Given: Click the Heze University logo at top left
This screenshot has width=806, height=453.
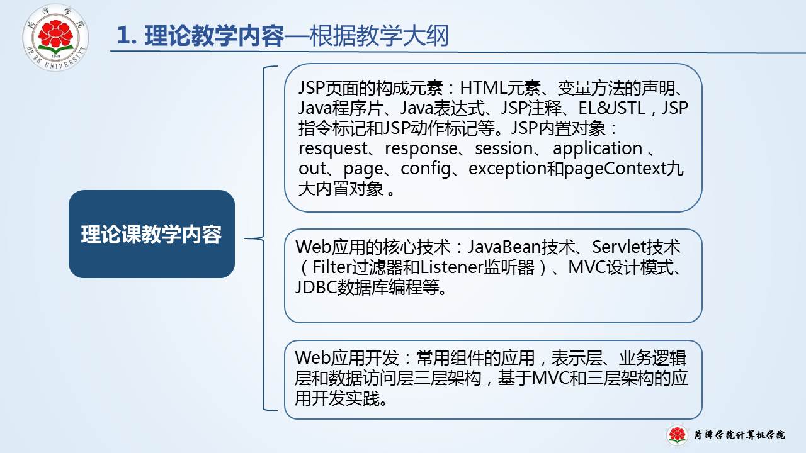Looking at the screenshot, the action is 55,37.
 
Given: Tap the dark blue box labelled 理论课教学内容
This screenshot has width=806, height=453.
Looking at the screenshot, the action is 152,234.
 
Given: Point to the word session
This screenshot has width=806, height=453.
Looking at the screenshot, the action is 504,148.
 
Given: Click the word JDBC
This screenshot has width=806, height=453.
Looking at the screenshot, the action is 315,288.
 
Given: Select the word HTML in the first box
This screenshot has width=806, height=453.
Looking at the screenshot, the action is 483,87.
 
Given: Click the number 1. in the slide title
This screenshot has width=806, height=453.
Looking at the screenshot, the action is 127,36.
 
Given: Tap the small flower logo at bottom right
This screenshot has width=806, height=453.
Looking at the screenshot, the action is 677,435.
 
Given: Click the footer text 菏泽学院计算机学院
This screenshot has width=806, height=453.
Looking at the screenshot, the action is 740,435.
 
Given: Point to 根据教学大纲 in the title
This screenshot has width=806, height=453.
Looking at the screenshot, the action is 379,36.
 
